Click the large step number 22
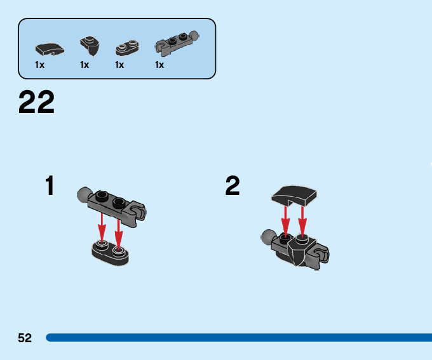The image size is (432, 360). click(x=37, y=102)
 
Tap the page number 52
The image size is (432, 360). click(x=25, y=338)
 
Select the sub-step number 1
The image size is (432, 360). click(x=50, y=186)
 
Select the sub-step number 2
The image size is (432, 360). click(x=233, y=186)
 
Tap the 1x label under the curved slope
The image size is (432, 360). click(x=39, y=65)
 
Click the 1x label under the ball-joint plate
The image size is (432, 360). click(x=159, y=65)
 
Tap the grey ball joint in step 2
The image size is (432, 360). click(x=267, y=239)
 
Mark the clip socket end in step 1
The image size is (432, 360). click(x=138, y=213)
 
